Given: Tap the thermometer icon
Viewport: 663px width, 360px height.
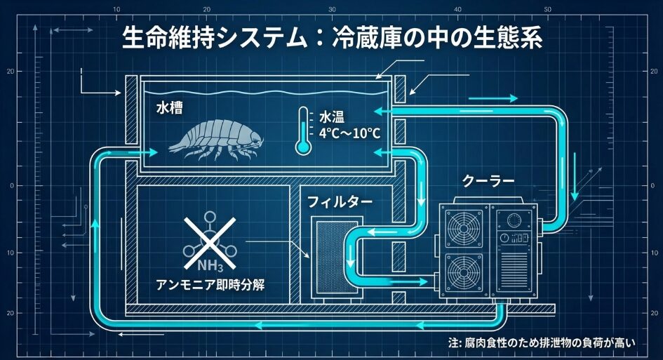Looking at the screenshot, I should [303, 131].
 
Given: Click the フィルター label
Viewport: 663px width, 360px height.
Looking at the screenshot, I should [340, 202].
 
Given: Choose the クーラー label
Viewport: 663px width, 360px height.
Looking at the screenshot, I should [488, 182].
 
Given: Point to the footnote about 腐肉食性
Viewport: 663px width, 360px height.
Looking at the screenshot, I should [541, 343].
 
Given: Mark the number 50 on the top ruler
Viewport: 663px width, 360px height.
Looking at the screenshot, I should [547, 9].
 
